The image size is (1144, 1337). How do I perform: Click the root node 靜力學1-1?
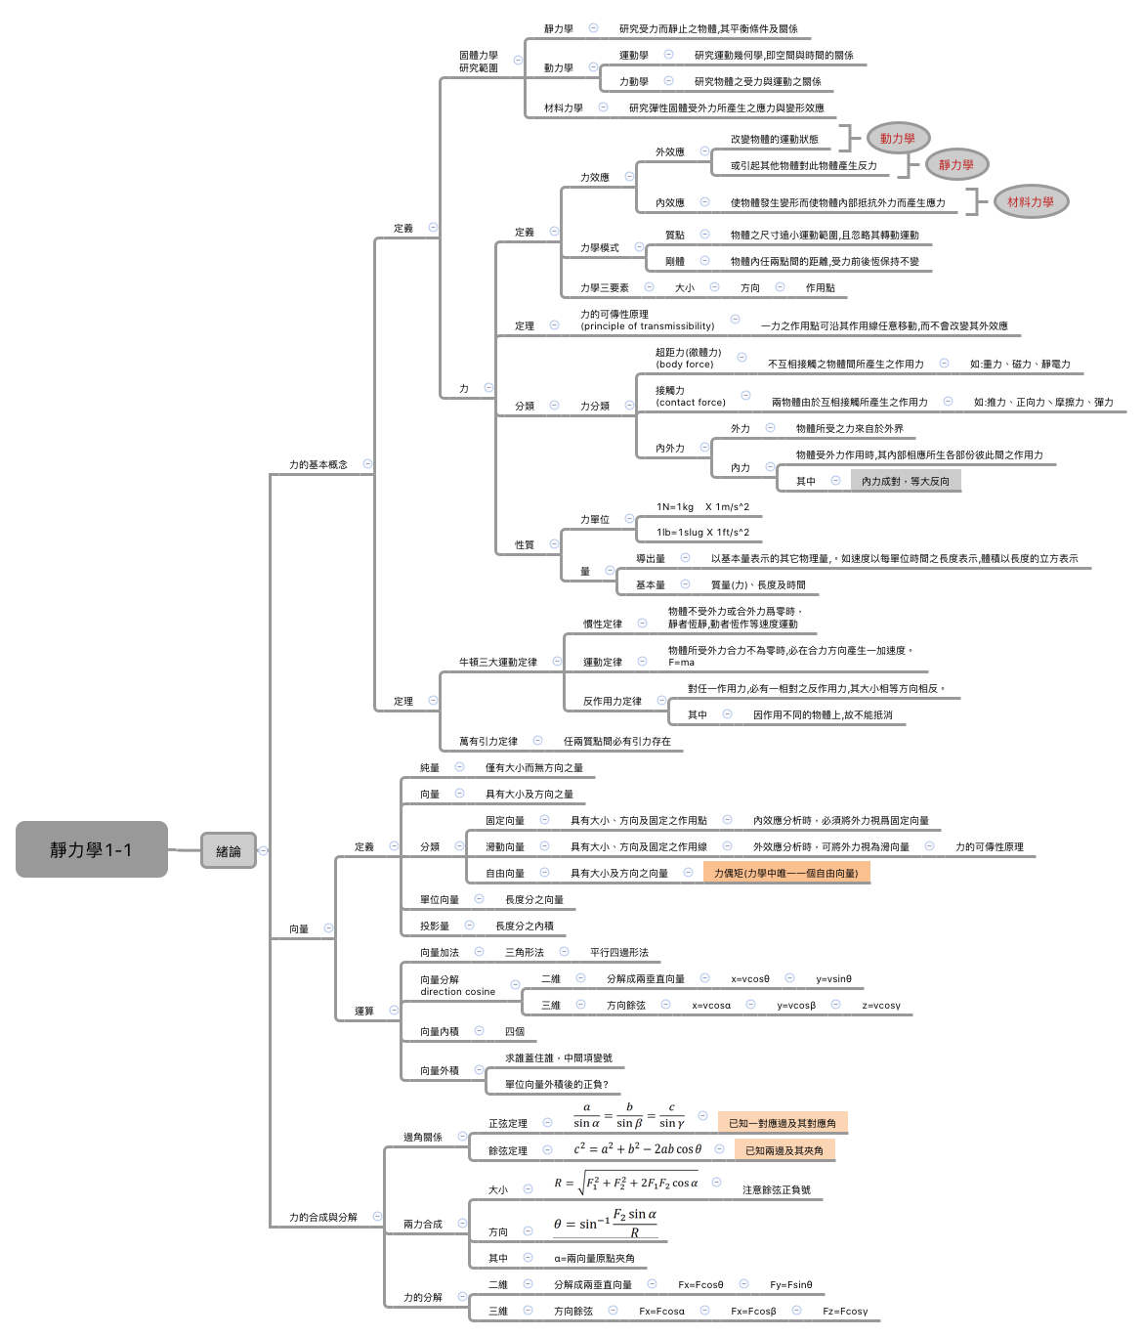coord(91,849)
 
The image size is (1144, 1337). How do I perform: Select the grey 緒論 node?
coord(229,850)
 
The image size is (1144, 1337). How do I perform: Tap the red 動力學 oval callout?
coord(897,139)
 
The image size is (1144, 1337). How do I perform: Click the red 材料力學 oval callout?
coord(1030,202)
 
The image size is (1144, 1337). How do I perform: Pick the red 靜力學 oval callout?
coord(955,165)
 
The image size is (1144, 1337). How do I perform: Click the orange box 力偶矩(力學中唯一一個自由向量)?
coord(785,873)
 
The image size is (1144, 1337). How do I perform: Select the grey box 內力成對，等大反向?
coord(905,481)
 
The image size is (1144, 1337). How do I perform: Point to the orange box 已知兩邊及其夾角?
coord(784,1150)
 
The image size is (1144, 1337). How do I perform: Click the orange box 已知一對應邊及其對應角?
coord(782,1123)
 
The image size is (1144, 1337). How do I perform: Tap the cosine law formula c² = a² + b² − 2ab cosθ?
coord(637,1149)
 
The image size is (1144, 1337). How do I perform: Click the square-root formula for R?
coord(626,1183)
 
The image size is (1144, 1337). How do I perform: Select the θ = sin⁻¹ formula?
coord(605,1224)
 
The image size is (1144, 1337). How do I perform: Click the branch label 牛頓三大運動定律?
coord(498,662)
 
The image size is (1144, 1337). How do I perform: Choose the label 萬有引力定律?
coord(488,741)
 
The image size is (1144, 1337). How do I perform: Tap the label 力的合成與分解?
coord(323,1217)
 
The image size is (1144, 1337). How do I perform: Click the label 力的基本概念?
coord(318,464)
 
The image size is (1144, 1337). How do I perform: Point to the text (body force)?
coord(685,365)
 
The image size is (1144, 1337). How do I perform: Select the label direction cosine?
coord(457,992)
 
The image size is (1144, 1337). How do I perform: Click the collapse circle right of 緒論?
coord(263,850)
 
